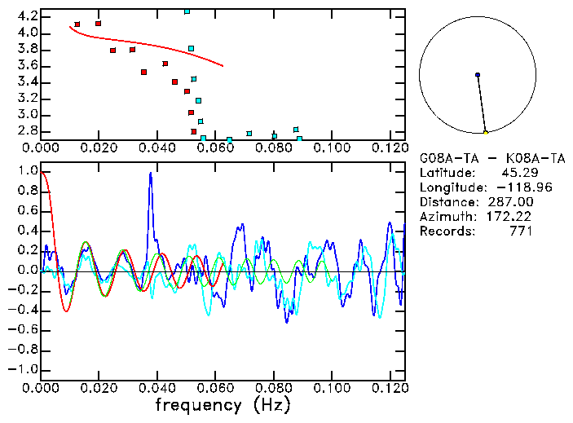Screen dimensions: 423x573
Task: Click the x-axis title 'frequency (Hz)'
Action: [223, 404]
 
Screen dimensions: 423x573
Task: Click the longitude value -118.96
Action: [509, 187]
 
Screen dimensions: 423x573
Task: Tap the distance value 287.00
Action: [506, 202]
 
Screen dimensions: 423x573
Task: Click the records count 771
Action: [520, 231]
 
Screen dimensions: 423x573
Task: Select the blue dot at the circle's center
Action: [478, 75]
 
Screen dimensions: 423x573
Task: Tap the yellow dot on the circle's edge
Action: [486, 132]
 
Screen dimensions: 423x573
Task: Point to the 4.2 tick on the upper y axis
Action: [27, 16]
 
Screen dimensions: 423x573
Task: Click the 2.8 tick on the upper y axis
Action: [27, 130]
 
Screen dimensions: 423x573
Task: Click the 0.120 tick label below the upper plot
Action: [389, 148]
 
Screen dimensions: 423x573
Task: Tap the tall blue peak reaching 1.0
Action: [150, 174]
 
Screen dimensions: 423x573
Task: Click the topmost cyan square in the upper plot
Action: [187, 11]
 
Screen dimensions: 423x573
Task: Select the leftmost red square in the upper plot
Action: [77, 24]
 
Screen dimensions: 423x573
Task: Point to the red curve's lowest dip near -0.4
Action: [66, 311]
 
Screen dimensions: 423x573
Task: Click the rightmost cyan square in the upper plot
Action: [300, 139]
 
